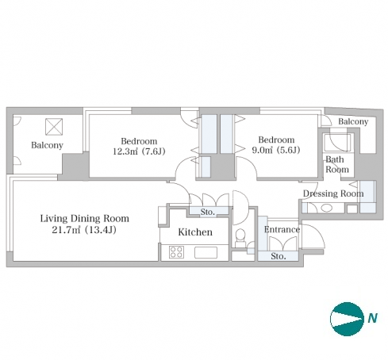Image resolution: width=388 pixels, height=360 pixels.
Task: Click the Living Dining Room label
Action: click(x=85, y=219)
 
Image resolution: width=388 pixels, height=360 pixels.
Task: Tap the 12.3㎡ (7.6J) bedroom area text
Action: click(x=139, y=151)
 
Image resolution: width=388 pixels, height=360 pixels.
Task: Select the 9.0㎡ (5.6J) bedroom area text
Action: click(x=276, y=150)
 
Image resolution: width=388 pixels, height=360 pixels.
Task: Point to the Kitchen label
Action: click(x=195, y=232)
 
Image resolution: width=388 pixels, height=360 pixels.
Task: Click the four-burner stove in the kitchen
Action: click(x=176, y=252)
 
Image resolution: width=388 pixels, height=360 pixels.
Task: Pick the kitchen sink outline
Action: click(x=206, y=252)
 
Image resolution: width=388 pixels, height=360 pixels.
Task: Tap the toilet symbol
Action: click(x=240, y=237)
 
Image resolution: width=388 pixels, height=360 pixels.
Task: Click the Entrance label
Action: click(x=282, y=229)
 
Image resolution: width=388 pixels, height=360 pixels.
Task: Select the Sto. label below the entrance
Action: click(x=279, y=256)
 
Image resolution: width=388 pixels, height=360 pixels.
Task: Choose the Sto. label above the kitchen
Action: click(x=208, y=212)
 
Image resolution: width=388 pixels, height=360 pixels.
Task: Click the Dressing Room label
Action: click(x=333, y=193)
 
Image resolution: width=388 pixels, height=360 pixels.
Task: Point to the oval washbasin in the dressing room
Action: click(x=327, y=208)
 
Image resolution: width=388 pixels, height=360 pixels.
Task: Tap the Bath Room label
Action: click(x=337, y=164)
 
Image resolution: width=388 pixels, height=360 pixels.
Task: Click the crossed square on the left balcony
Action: click(x=54, y=127)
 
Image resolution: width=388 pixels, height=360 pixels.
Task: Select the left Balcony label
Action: click(x=47, y=145)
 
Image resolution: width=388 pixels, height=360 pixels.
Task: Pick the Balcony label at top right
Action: click(x=353, y=121)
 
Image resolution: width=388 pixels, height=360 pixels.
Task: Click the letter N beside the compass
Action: click(x=372, y=318)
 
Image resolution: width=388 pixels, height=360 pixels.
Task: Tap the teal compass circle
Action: click(x=347, y=319)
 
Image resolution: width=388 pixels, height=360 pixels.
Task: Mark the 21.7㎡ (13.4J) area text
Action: click(x=84, y=230)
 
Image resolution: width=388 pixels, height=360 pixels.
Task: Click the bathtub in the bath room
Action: click(x=337, y=143)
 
